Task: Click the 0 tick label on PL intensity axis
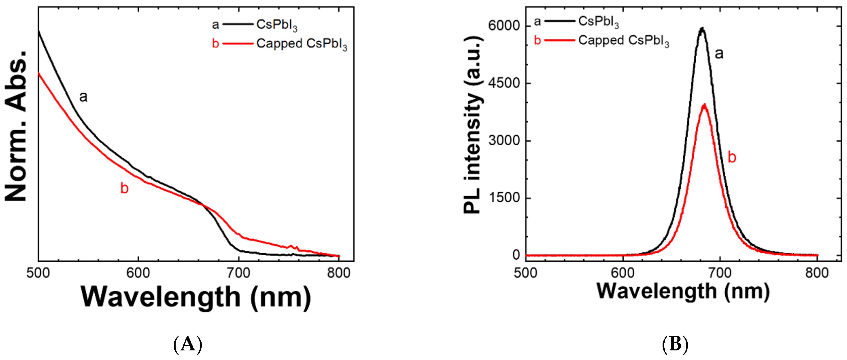click(516, 255)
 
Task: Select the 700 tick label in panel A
click(238, 273)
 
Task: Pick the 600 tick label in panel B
click(623, 273)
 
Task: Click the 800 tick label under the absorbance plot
click(339, 273)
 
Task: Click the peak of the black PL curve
click(702, 28)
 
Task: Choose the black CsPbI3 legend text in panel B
click(598, 22)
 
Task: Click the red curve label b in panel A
click(124, 188)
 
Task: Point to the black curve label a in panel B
click(719, 53)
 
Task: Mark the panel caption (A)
click(187, 345)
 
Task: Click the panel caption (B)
click(675, 345)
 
